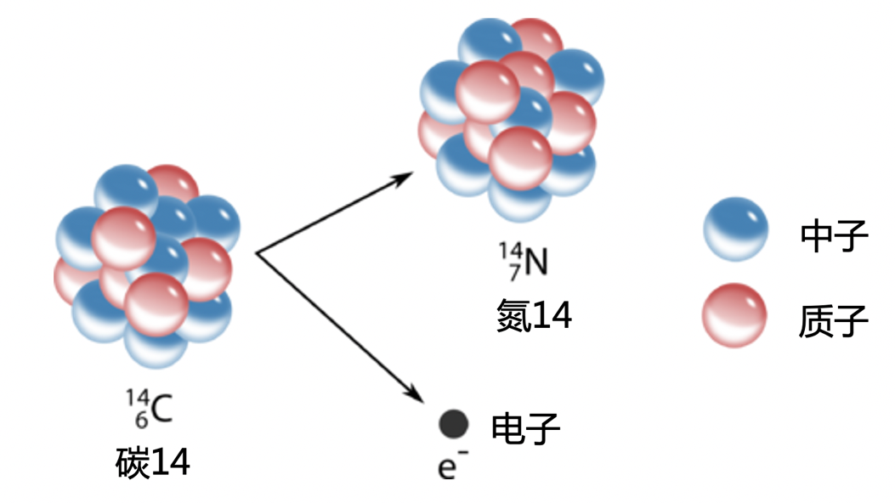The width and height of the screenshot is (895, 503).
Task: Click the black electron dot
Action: coord(454,423)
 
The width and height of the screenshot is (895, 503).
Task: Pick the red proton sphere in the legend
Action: coord(736,316)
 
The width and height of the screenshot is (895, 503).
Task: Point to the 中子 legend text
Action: coord(833,236)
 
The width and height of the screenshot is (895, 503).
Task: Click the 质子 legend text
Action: coord(833,321)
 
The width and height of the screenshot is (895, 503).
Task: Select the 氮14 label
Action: coord(535,315)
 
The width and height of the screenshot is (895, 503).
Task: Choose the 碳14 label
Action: coord(153,463)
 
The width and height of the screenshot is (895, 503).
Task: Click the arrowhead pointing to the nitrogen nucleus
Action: coord(405,175)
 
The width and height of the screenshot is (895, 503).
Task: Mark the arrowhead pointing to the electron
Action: coord(416,396)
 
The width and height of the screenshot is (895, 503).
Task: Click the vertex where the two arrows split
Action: coord(257,253)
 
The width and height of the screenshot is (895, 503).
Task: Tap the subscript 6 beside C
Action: coord(142,419)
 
